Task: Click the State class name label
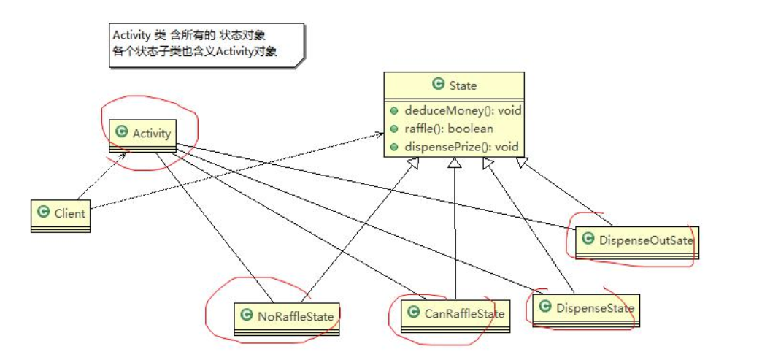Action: tap(461, 85)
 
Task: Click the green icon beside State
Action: tap(439, 85)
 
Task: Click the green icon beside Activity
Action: tap(121, 132)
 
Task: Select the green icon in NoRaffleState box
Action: tap(247, 315)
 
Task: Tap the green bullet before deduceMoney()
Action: tap(394, 111)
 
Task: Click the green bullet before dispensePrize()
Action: tap(394, 146)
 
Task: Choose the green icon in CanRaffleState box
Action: tap(413, 313)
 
